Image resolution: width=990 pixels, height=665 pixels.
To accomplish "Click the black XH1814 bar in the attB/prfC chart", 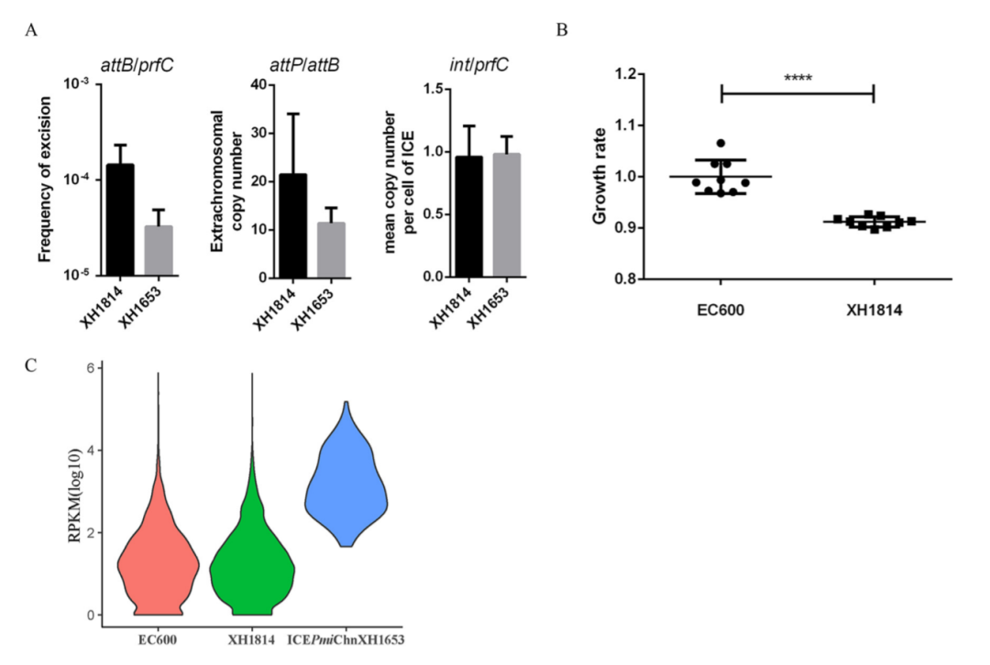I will click(x=119, y=220).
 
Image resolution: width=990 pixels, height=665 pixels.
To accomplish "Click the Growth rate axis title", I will click(x=599, y=176).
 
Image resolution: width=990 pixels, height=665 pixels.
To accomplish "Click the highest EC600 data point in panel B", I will click(x=721, y=144).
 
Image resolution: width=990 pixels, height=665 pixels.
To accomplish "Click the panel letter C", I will click(x=31, y=366).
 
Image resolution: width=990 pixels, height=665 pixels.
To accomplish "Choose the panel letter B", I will click(x=563, y=30).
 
